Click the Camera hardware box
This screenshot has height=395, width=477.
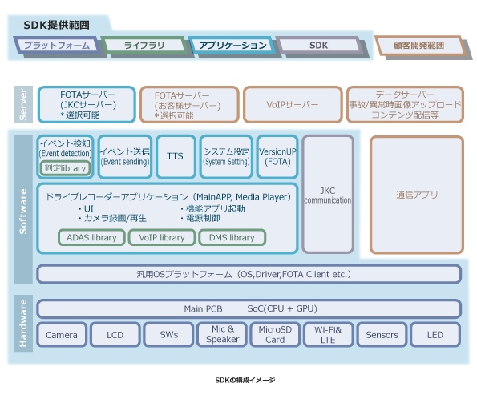point(61,335)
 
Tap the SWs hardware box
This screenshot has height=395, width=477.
point(168,335)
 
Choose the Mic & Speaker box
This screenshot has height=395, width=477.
point(221,335)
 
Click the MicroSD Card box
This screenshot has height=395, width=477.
point(275,335)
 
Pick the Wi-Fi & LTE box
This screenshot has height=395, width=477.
point(328,335)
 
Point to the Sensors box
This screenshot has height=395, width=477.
point(382,335)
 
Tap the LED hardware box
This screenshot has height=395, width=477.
point(435,335)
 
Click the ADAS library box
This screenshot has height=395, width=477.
point(91,237)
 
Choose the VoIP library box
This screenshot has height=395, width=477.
point(161,237)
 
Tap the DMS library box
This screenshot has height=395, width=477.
point(231,237)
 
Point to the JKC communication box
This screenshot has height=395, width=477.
point(327,195)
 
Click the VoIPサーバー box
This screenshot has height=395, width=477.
point(292,105)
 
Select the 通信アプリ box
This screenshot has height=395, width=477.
point(416,195)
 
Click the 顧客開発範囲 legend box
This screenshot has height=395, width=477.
point(418,46)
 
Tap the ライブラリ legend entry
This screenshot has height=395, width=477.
point(144,46)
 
